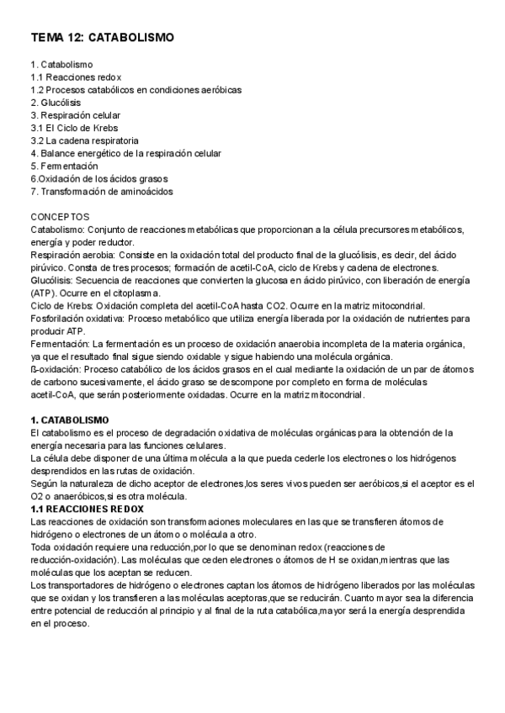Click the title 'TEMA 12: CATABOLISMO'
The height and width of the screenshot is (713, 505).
(103, 38)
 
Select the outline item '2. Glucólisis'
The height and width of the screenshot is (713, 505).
(56, 103)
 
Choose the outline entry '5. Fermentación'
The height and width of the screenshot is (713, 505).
(64, 166)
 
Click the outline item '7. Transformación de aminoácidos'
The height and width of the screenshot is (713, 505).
(102, 192)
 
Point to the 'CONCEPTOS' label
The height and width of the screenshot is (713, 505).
(59, 216)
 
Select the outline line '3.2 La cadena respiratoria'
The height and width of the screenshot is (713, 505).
(85, 140)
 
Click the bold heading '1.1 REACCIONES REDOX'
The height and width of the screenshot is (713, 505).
(88, 509)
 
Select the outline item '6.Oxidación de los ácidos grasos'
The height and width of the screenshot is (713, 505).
(99, 179)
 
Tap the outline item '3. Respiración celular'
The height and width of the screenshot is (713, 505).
(76, 115)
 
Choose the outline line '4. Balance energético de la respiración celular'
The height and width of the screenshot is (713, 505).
(126, 154)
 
